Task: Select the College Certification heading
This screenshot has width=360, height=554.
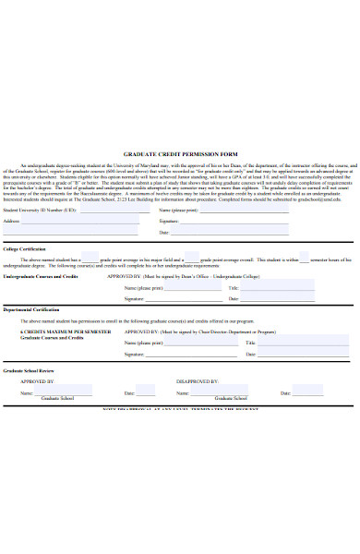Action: (24, 249)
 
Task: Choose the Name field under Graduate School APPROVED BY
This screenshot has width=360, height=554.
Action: (55, 392)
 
